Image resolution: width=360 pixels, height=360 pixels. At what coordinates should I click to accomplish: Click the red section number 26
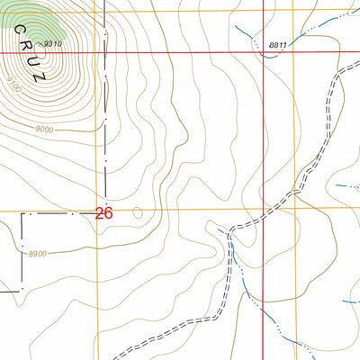pyautogui.click(x=104, y=213)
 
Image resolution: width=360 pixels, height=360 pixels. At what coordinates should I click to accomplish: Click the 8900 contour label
pyautogui.click(x=37, y=254)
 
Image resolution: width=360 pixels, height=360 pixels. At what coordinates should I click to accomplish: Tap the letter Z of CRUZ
pyautogui.click(x=37, y=76)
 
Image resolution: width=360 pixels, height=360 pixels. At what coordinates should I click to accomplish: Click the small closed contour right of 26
pyautogui.click(x=137, y=213)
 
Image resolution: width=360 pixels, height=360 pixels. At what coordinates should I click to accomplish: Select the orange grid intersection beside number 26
pyautogui.click(x=96, y=212)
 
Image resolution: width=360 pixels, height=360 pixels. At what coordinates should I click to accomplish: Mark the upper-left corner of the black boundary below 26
pyautogui.click(x=22, y=215)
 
